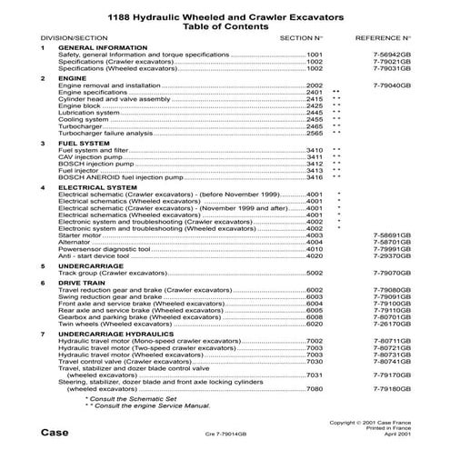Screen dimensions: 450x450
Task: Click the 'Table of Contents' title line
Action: coord(225,27)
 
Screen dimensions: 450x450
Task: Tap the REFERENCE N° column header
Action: coord(385,39)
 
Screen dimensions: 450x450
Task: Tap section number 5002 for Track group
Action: coord(315,273)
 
